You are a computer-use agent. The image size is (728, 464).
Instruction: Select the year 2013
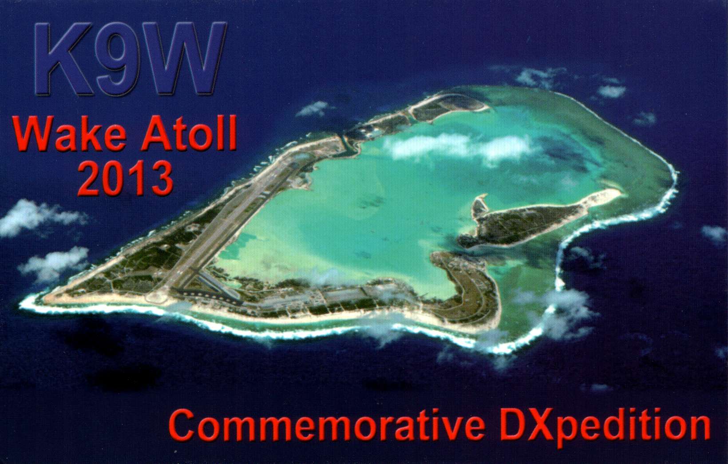coord(125,178)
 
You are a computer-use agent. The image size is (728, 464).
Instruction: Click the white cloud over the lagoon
coord(462,148)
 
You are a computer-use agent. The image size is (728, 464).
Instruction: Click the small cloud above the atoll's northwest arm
coord(314,108)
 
